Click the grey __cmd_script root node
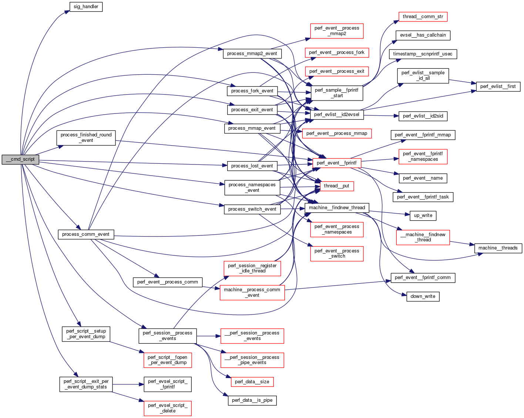coord(20,160)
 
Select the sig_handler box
coord(86,7)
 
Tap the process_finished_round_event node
coord(86,137)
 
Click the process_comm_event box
coord(86,234)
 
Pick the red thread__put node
coord(336,186)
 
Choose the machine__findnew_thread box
coord(337,208)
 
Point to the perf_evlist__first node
coord(498,86)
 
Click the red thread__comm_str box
coord(423,17)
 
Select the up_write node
coord(423,215)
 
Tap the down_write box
coord(423,296)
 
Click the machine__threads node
coord(498,248)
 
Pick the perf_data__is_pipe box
coord(252,400)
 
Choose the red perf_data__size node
coord(252,382)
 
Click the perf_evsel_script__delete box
coord(168,408)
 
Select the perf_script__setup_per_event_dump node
coord(86,334)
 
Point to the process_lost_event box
coord(252,166)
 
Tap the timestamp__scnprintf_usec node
coord(423,54)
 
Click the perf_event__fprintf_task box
coord(423,197)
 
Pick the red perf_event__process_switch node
coord(337,254)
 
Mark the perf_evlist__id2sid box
coord(423,116)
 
